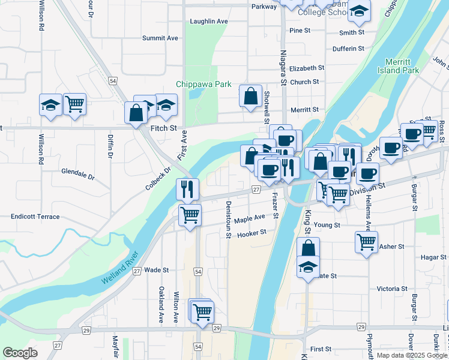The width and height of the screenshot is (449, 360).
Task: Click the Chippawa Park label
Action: pos(203,85)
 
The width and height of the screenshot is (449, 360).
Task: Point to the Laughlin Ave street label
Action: pos(209,21)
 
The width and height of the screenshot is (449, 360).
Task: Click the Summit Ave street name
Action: pos(160,38)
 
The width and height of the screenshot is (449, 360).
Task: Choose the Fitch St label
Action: pos(163,128)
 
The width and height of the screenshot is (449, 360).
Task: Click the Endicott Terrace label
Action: pos(35,216)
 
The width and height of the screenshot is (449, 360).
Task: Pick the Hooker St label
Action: pos(252,232)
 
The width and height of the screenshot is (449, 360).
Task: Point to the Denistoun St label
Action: pos(229,219)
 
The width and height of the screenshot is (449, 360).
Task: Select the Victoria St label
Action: pos(393,289)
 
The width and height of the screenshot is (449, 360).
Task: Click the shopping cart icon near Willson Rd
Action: pos(74,104)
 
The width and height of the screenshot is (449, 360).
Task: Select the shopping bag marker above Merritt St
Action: pos(250,95)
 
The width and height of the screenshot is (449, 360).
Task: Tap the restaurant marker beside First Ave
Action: pos(187,189)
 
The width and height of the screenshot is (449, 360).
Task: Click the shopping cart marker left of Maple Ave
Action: pos(190,214)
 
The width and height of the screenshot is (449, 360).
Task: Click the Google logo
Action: pos(20,353)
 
